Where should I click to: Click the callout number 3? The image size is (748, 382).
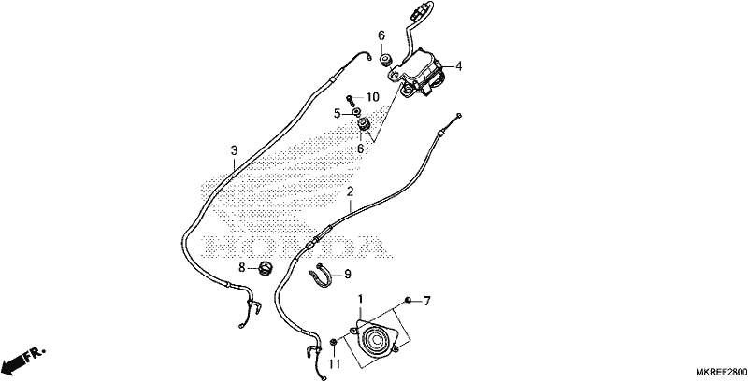pos(234,151)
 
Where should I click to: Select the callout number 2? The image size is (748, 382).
pos(350,192)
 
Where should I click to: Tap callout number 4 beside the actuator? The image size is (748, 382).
pos(458,66)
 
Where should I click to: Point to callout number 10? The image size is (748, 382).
pos(372,98)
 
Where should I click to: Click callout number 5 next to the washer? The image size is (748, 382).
pos(337,113)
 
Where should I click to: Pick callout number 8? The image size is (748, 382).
pos(242,268)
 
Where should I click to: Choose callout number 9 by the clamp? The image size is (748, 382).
pos(347,274)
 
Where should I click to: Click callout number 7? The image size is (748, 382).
pos(427,301)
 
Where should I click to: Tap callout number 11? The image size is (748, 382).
pos(334,364)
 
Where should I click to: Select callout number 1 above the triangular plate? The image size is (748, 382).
pos(360,299)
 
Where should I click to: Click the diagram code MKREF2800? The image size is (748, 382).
pos(721,372)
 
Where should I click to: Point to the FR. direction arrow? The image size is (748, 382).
pos(22,361)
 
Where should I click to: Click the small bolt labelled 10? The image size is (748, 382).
pos(351,100)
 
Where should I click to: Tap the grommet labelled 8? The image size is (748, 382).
pos(265,268)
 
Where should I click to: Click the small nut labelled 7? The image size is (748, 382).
pos(409,300)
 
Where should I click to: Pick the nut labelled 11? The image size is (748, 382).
pos(335,342)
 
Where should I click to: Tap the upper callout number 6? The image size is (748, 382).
pos(381,35)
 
